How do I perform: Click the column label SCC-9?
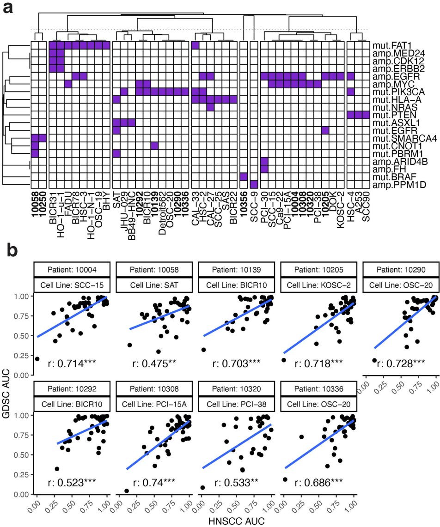[x=254, y=203]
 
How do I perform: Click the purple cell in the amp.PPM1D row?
[x=254, y=184]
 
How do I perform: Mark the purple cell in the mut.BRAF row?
[x=244, y=176]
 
